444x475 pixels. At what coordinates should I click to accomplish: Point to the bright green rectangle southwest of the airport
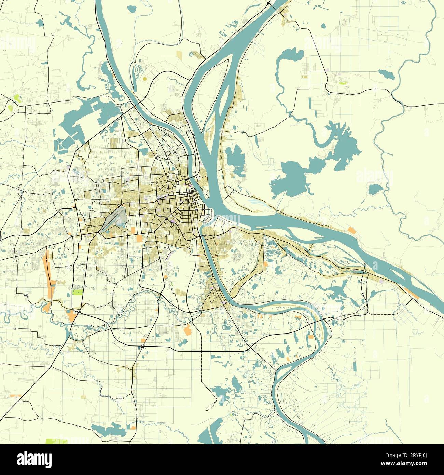coord(78,293)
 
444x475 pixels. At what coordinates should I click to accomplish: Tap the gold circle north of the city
coord(144,79)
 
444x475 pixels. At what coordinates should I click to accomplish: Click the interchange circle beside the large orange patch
coord(79,312)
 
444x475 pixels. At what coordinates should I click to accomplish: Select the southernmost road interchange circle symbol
coord(142,347)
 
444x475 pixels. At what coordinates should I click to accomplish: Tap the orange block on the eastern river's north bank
coord(351,230)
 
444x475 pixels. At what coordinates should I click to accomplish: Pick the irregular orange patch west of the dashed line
coord(188,330)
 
